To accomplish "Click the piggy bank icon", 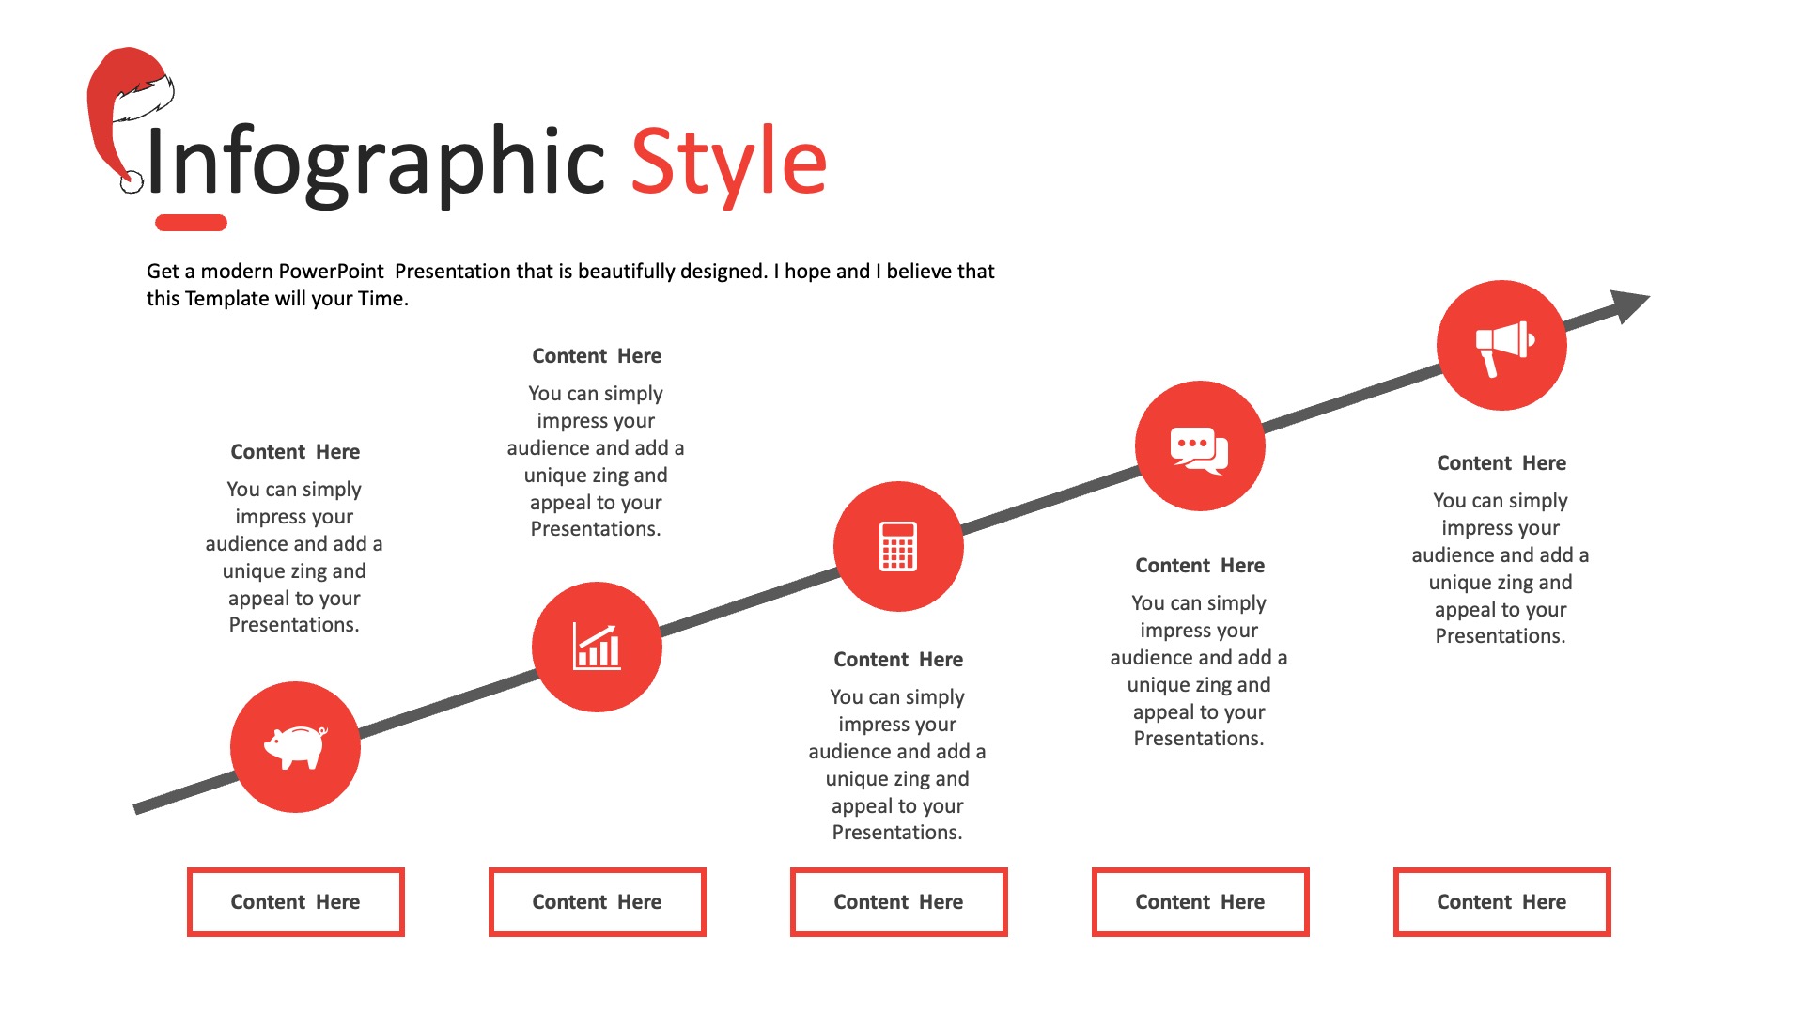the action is pos(296,747).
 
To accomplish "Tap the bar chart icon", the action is pos(597,647).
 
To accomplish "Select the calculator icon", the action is pos(898,546).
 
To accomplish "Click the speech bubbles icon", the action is pos(1200,450).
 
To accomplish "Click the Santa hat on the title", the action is pos(130,117).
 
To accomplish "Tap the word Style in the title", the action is pos(728,164).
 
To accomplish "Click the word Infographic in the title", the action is pos(376,164).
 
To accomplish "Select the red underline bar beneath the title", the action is pos(191,223).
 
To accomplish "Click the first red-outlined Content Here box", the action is pos(296,902).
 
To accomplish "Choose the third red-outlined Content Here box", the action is pos(899,902).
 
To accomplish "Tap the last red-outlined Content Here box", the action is pos(1502,902).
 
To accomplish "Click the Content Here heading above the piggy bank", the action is pos(295,452).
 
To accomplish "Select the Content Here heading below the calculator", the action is pos(898,660).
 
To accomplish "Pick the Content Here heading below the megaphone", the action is pos(1501,463).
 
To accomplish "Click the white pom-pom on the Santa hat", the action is pos(132,182).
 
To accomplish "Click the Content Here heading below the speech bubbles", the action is pos(1200,566).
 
